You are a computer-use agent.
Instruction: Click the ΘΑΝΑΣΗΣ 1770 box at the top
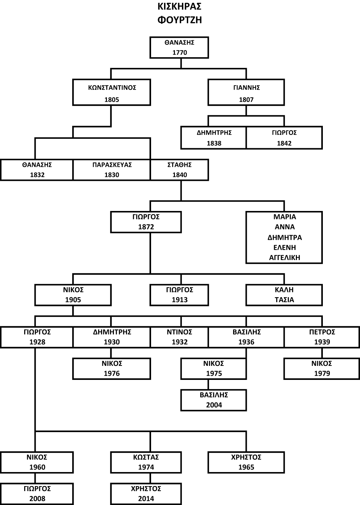[x=179, y=47]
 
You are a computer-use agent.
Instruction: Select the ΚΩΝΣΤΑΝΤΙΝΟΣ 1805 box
[x=111, y=93]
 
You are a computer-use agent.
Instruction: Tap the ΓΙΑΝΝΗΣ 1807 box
[x=246, y=93]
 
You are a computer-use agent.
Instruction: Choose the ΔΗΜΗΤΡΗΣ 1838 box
[x=214, y=138]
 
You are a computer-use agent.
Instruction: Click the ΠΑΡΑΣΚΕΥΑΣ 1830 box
[x=111, y=170]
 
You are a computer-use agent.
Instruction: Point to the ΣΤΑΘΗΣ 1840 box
[x=179, y=170]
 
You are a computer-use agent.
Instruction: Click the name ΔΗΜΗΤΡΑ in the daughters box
[x=284, y=237]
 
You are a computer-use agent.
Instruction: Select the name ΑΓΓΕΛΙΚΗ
[x=284, y=257]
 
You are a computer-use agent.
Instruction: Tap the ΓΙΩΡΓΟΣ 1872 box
[x=146, y=222]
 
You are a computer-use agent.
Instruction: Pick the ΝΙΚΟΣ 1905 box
[x=73, y=295]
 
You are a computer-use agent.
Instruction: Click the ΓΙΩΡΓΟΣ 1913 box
[x=179, y=295]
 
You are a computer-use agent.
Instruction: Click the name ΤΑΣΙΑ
[x=284, y=300]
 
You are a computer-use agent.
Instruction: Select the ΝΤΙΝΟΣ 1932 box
[x=179, y=337]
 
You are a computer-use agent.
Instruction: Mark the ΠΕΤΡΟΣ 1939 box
[x=322, y=337]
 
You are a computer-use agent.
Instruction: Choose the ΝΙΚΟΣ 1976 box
[x=111, y=368]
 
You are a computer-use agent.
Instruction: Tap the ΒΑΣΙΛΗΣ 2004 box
[x=214, y=400]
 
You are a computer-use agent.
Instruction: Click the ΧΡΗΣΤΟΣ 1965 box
[x=246, y=462]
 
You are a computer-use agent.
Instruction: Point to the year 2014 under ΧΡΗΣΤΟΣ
[x=146, y=498]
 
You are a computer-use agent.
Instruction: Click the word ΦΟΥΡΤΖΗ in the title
[x=179, y=20]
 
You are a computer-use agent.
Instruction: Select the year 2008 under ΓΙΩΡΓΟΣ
[x=37, y=498]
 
